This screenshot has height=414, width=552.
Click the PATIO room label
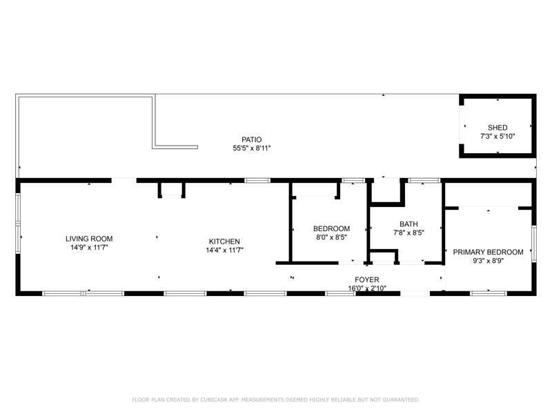tap(251, 140)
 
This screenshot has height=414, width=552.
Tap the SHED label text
tap(497, 128)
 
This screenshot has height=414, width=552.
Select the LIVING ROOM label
tap(89, 239)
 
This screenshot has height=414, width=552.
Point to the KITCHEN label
tap(224, 241)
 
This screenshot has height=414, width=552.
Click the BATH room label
tap(408, 224)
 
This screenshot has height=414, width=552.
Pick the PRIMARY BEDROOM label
tap(488, 252)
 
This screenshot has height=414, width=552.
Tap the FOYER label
tap(367, 280)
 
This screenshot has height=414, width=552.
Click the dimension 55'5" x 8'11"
tap(251, 148)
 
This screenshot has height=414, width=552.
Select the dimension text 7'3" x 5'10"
tap(497, 136)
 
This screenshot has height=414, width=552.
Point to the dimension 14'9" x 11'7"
tap(89, 248)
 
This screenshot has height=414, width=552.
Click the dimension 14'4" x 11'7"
tap(224, 250)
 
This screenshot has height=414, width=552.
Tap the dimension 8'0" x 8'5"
tap(331, 237)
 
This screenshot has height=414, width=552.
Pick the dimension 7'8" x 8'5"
tap(408, 233)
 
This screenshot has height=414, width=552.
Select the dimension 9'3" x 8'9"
tap(488, 261)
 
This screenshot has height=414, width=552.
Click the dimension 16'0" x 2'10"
tap(367, 288)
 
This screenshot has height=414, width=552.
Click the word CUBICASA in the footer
tap(214, 400)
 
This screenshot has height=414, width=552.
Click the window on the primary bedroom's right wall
tap(534, 244)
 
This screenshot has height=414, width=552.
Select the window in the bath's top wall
tap(424, 181)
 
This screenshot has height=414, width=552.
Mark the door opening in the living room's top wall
tap(124, 181)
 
